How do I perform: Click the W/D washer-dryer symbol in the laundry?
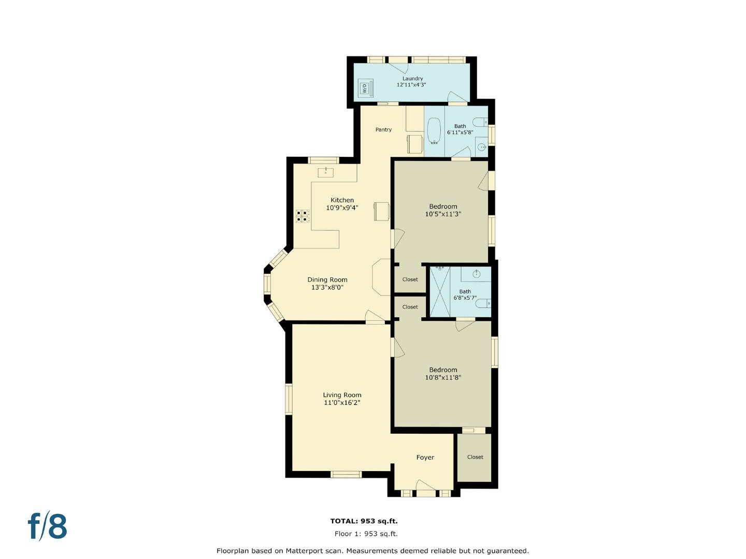365,88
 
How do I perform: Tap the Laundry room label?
412,79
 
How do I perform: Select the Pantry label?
383,129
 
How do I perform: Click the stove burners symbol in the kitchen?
303,216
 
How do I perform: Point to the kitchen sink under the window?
325,172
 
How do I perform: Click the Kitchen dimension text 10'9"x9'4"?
342,208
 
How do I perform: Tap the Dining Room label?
327,279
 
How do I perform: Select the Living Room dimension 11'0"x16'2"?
342,403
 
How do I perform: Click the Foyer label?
425,458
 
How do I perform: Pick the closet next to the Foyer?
475,457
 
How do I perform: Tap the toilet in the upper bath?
481,123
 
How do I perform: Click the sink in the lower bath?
476,274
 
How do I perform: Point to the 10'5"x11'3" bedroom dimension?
443,214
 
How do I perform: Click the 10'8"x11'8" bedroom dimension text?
443,378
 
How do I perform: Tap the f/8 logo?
47,526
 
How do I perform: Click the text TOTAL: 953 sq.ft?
364,521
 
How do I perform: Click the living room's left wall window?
289,399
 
